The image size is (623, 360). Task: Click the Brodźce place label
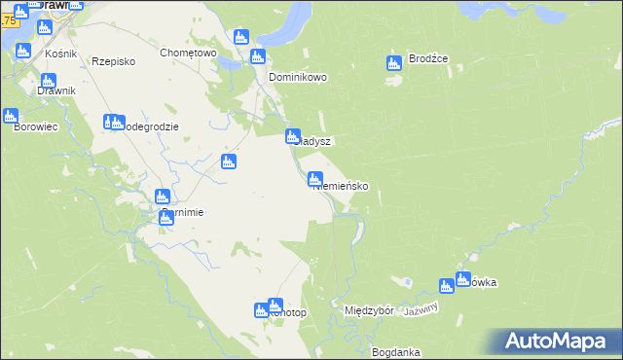428,58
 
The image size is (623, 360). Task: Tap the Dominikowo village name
298,77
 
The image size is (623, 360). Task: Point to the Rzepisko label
113,60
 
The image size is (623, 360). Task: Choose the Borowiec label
30,126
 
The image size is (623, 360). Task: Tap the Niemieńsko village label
339,185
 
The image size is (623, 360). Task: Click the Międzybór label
369,310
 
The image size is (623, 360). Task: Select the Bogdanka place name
395,351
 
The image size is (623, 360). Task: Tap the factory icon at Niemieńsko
315,179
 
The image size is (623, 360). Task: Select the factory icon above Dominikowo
258,56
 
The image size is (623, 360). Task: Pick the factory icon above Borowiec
11,117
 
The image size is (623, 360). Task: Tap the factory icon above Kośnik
43,27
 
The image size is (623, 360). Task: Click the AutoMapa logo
562,342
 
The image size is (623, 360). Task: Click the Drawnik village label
56,91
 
